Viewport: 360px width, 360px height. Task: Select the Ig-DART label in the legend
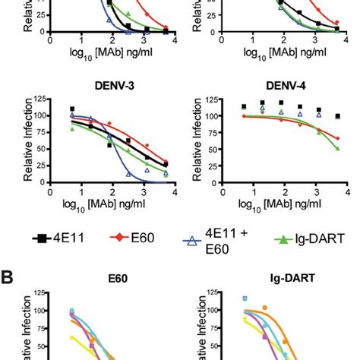322,238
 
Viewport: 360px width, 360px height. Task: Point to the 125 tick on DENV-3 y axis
40,98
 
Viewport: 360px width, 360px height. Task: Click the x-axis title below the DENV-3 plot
113,205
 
